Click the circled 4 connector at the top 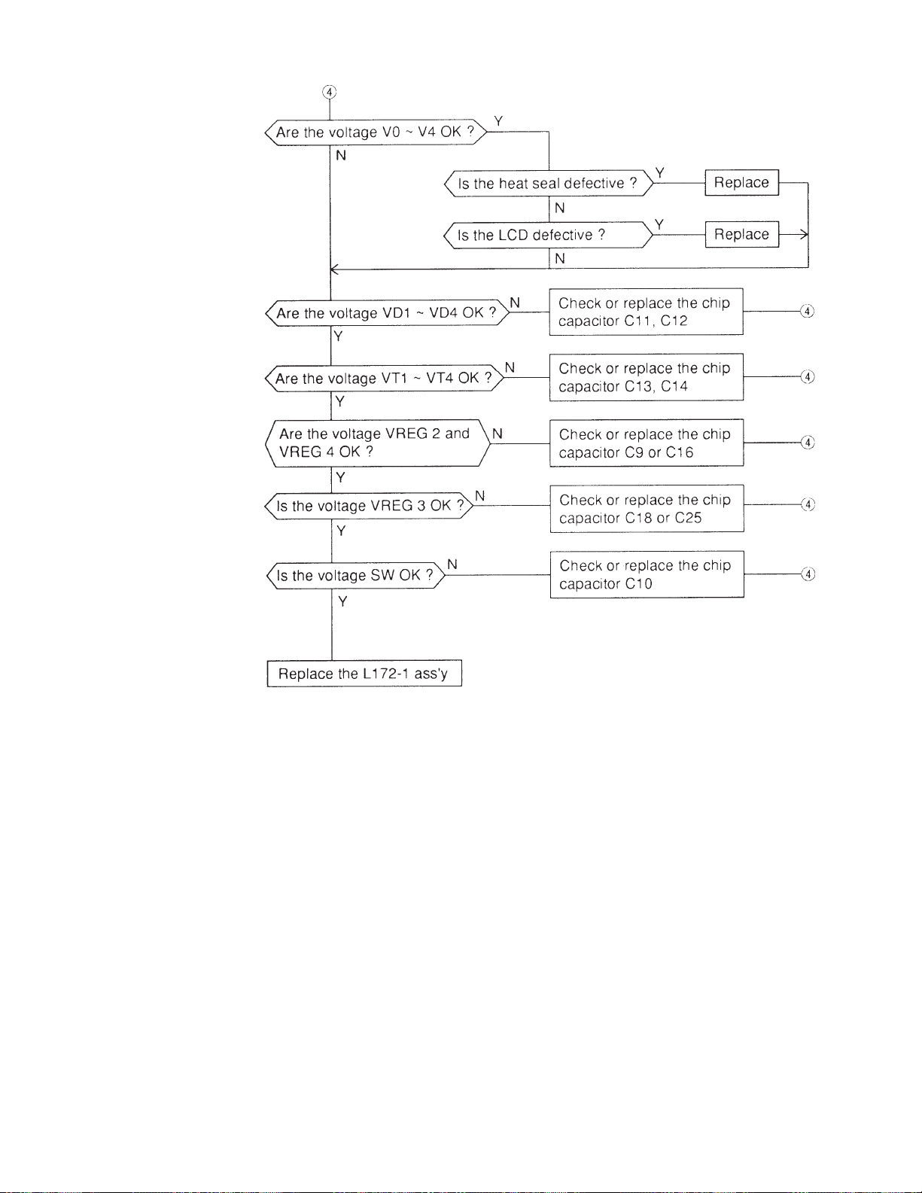click(329, 92)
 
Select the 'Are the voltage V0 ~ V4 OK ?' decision click(375, 132)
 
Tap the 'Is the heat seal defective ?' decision click(548, 184)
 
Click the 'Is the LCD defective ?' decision click(547, 235)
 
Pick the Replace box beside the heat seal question click(741, 183)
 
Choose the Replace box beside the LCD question click(741, 234)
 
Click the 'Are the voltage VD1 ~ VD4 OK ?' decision click(386, 313)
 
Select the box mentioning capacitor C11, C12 click(646, 312)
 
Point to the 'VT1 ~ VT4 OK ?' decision click(384, 378)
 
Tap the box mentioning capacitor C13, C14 click(646, 377)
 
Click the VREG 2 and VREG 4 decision click(378, 443)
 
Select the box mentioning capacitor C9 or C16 click(647, 443)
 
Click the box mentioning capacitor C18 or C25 click(647, 509)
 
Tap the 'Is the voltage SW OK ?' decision click(355, 576)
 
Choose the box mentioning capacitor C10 click(647, 574)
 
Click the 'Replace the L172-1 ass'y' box click(364, 674)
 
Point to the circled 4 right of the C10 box click(808, 574)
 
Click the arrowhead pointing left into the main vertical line click(334, 269)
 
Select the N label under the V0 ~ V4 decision click(341, 156)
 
